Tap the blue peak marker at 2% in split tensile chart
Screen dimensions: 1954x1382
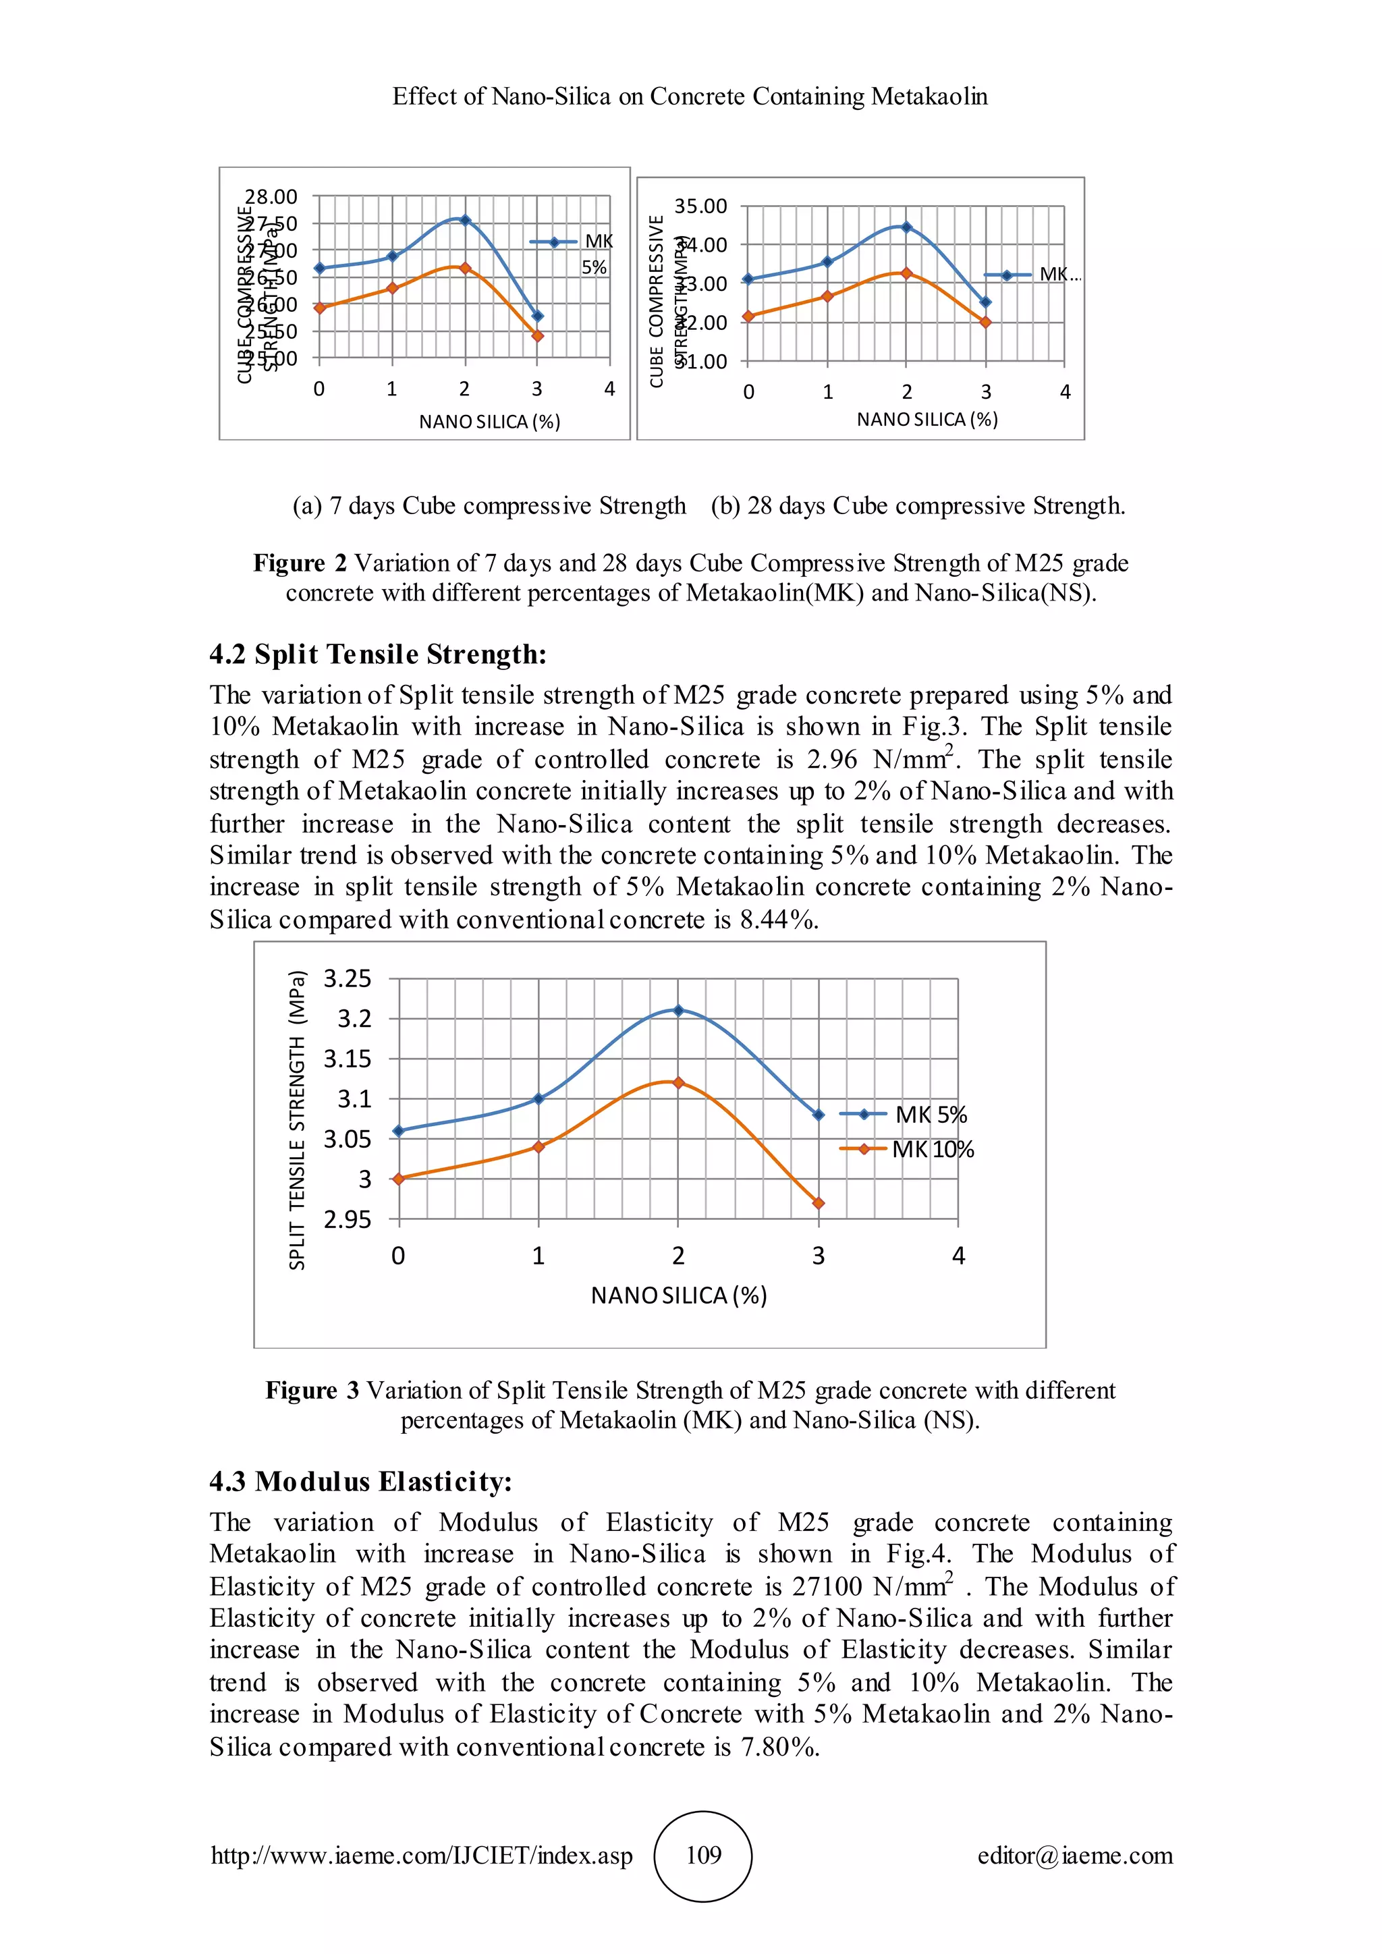(x=678, y=1010)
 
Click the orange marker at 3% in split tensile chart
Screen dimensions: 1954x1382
(x=819, y=1204)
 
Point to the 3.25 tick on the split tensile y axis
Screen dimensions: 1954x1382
(x=348, y=979)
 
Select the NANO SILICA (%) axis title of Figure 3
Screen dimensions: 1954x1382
(x=678, y=1295)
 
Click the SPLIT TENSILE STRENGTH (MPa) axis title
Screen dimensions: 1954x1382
(x=296, y=1120)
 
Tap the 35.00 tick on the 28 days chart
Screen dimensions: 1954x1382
(x=700, y=206)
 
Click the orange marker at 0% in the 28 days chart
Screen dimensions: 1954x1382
(x=748, y=316)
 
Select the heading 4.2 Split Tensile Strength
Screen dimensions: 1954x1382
(x=378, y=654)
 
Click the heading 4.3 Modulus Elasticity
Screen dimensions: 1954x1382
(x=361, y=1482)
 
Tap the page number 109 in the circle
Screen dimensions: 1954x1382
(x=703, y=1855)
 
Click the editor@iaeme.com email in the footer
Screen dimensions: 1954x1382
(x=1075, y=1855)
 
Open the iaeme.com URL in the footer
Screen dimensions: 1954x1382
(x=421, y=1855)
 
